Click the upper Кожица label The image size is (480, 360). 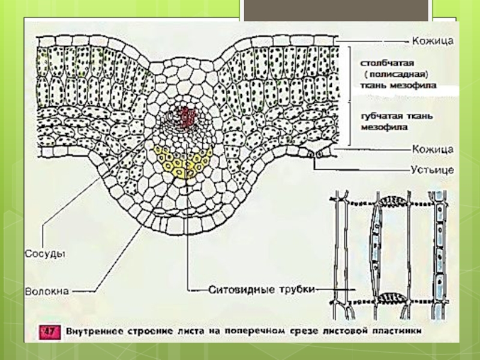[432, 41]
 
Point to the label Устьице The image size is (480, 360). [432, 170]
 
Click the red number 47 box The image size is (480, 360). [47, 331]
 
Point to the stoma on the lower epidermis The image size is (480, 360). [314, 155]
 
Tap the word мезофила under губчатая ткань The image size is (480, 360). [383, 127]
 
